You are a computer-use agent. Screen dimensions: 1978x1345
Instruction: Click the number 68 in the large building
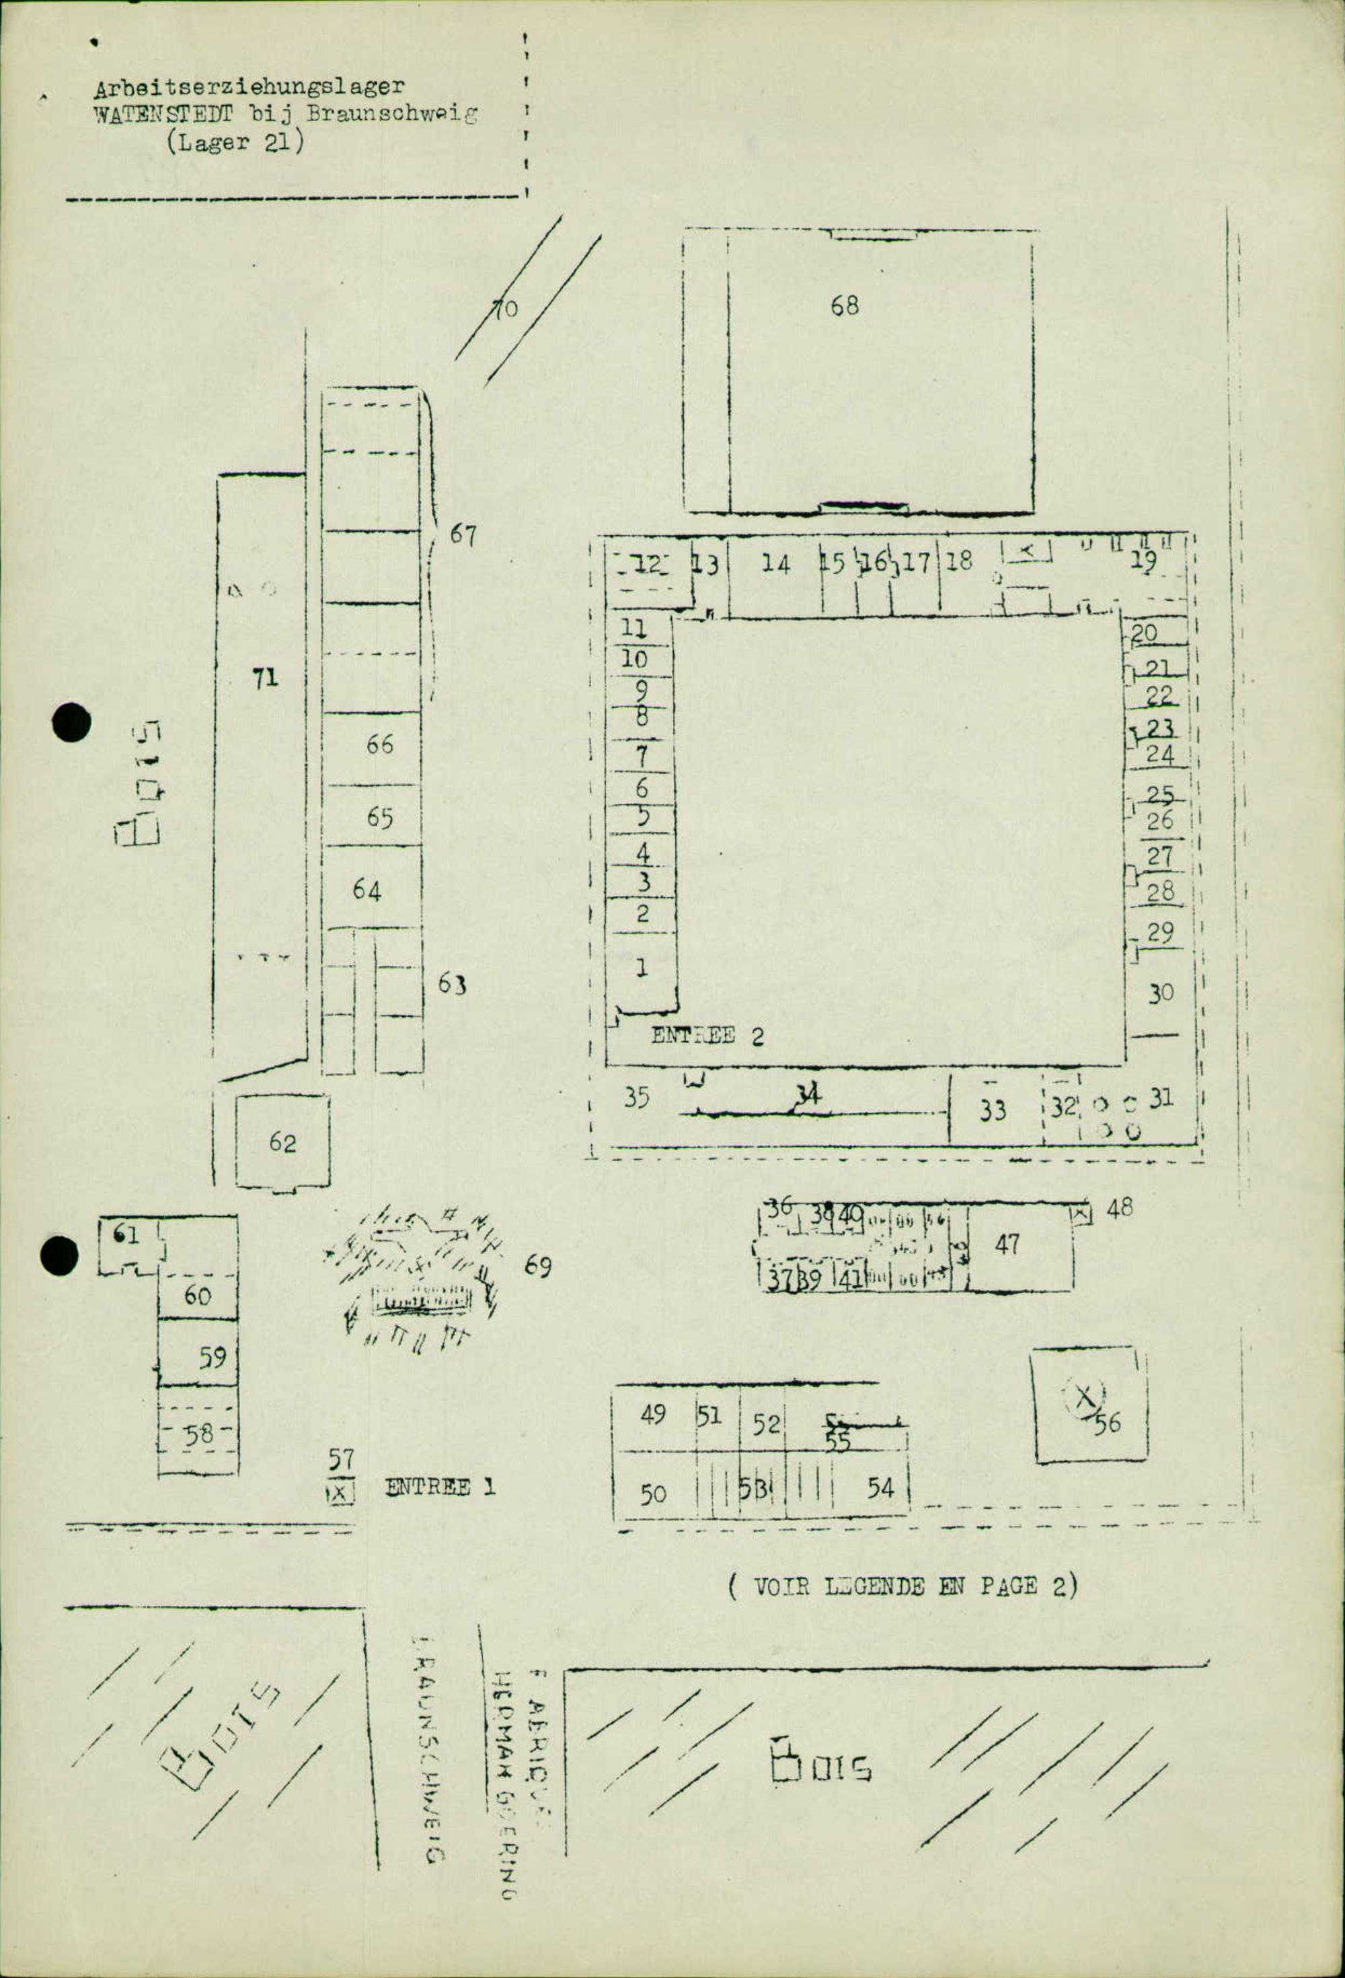845,306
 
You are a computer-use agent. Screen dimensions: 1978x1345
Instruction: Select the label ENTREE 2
707,1036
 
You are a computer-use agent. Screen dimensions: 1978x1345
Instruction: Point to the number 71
264,678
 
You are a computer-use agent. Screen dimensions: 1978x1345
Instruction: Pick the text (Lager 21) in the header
235,142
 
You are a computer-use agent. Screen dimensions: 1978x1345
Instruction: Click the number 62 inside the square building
282,1142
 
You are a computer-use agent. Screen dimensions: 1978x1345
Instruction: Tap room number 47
1007,1244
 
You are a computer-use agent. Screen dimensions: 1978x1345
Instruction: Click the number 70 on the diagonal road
506,308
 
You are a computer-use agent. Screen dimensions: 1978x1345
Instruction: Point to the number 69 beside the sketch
537,1267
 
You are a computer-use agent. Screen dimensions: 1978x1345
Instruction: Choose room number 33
992,1110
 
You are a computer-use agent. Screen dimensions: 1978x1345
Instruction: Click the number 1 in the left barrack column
642,968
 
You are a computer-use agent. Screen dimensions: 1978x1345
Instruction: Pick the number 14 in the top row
775,563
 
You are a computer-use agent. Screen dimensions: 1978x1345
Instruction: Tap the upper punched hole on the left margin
71,723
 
